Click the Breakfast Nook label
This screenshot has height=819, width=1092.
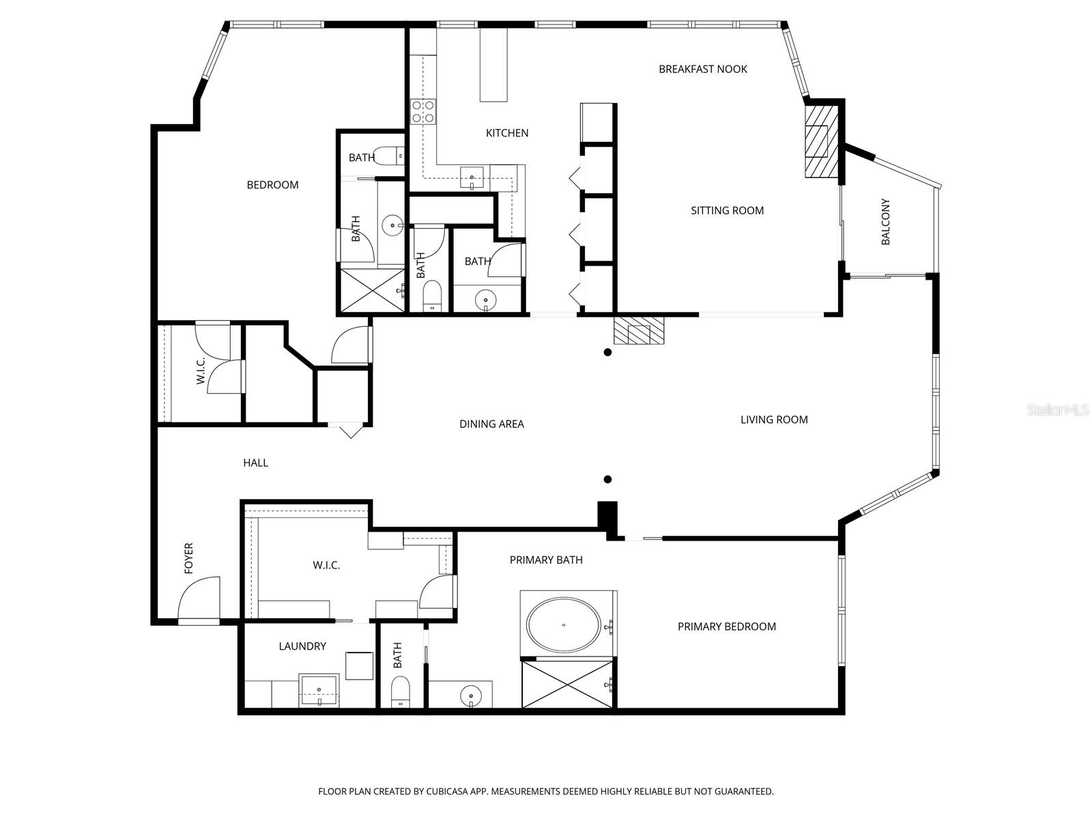pyautogui.click(x=702, y=69)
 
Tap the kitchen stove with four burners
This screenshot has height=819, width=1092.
pyautogui.click(x=422, y=111)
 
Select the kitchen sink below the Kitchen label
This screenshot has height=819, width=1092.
pyautogui.click(x=472, y=177)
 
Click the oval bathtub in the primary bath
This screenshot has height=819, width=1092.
pyautogui.click(x=564, y=624)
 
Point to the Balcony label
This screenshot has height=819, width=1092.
pyautogui.click(x=886, y=222)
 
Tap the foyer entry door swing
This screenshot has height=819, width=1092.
pyautogui.click(x=199, y=599)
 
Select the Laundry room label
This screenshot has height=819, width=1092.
pyautogui.click(x=302, y=646)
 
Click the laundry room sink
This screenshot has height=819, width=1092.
pyautogui.click(x=319, y=691)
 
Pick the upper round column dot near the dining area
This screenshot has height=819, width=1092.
pyautogui.click(x=607, y=352)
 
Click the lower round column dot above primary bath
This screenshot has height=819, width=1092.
pyautogui.click(x=607, y=479)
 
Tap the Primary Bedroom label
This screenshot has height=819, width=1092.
pyautogui.click(x=726, y=627)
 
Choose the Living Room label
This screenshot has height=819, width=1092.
pyautogui.click(x=774, y=420)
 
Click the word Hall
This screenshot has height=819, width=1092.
pyautogui.click(x=255, y=463)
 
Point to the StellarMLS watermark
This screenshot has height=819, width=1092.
pyautogui.click(x=1057, y=410)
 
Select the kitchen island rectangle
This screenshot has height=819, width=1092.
pyautogui.click(x=493, y=64)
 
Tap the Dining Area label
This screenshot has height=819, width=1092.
pyautogui.click(x=491, y=424)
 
